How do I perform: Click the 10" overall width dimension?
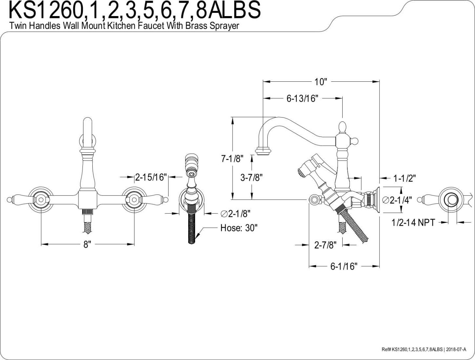pos(321,82)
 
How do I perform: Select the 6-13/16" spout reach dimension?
pos(302,98)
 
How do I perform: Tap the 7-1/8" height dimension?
pos(232,159)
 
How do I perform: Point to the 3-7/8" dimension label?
pos(251,178)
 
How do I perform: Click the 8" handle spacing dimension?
pos(87,244)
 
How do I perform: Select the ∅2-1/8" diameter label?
pos(236,214)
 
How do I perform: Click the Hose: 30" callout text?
pos(239,228)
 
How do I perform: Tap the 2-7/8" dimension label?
pos(325,245)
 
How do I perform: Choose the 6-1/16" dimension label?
pos(344,266)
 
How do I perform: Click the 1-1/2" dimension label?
pos(404,178)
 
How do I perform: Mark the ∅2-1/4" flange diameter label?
pos(397,200)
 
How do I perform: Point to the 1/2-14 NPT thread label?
pos(413,222)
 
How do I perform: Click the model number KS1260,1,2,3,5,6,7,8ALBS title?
pos(135,10)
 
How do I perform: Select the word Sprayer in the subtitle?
pos(224,26)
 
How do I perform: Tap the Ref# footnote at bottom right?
pos(424,349)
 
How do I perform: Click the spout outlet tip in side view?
pos(263,152)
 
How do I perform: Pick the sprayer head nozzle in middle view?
pos(191,173)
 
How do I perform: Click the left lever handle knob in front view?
pos(10,199)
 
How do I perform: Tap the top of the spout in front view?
pos(87,120)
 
